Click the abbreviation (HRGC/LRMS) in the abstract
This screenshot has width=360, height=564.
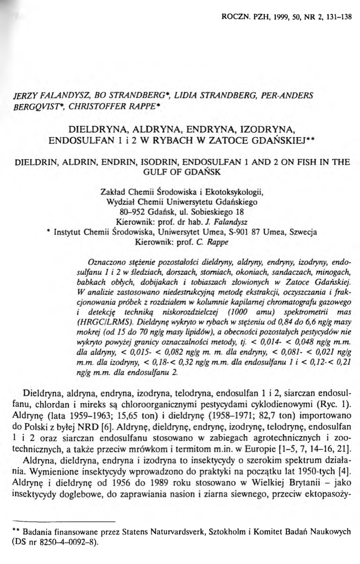[111, 320]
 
